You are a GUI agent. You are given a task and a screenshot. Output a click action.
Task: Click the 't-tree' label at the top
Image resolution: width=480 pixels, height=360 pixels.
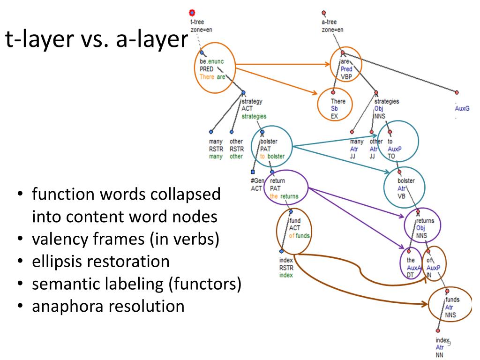click(x=197, y=22)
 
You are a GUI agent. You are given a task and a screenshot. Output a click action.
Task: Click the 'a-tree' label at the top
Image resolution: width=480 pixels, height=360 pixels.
click(x=328, y=22)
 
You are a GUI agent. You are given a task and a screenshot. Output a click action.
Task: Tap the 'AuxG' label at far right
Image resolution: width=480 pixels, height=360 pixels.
click(x=462, y=108)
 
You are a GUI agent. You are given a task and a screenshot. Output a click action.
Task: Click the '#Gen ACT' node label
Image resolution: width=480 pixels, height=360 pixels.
click(x=257, y=185)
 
